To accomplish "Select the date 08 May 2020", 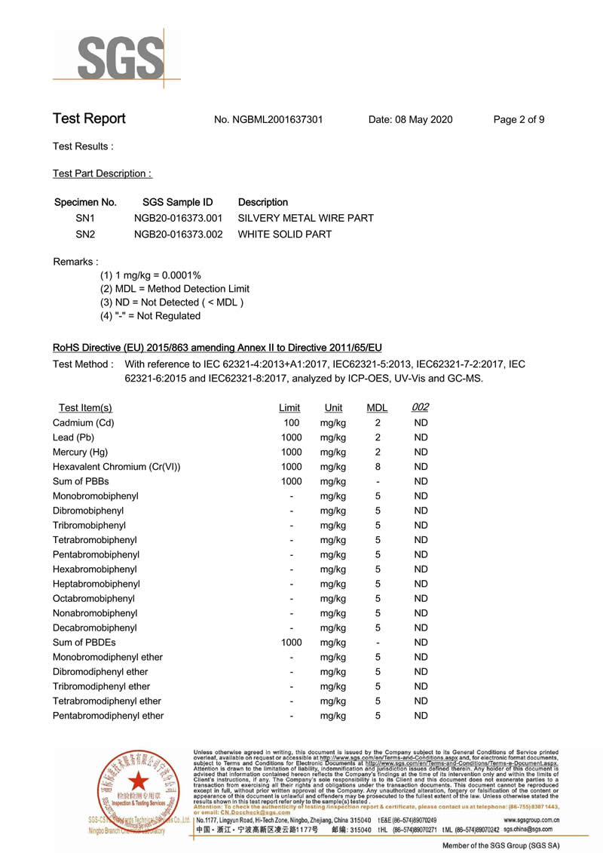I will (x=411, y=120).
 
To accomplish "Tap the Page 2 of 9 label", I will (x=519, y=120).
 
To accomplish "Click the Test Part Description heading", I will (x=103, y=173).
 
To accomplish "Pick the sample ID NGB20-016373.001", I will (x=178, y=218).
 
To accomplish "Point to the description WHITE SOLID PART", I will (x=285, y=235).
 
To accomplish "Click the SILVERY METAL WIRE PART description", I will (x=306, y=218).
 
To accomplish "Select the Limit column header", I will (x=289, y=408).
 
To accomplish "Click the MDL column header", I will (x=377, y=408).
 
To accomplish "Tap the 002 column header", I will (x=421, y=407).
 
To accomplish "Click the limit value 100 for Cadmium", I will (x=291, y=423).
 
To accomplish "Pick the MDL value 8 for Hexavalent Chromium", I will (x=378, y=467).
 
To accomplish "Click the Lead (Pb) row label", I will (x=73, y=437).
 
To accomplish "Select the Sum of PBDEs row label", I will (x=84, y=643).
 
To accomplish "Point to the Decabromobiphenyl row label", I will (x=95, y=627).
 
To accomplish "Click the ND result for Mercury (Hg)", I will (x=421, y=453).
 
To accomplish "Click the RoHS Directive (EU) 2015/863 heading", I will (x=217, y=348).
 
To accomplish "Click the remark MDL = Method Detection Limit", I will (x=175, y=289).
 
